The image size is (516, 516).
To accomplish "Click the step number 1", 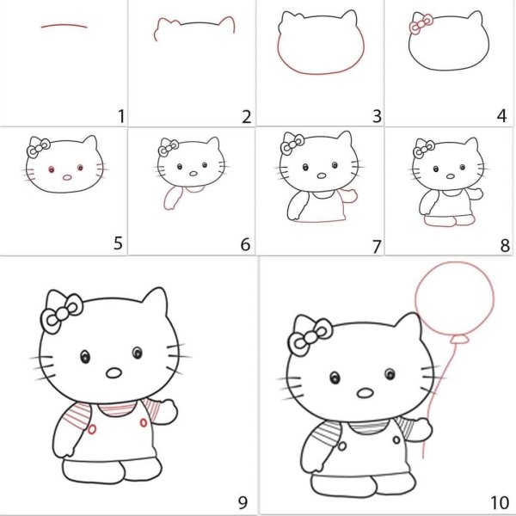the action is click(x=122, y=116).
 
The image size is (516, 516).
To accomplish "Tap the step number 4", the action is click(x=501, y=116).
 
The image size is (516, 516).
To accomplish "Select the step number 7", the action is click(x=377, y=247).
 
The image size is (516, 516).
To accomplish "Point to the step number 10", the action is click(x=500, y=503).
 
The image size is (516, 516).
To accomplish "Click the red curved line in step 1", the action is click(x=64, y=25).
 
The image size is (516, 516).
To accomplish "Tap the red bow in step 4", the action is click(x=421, y=23).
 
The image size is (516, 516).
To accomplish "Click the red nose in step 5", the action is click(x=67, y=178).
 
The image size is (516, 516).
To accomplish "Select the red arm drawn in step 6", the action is click(x=173, y=198).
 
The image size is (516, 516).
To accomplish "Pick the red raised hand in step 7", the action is click(x=349, y=195).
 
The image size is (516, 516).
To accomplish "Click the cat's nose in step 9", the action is click(x=114, y=373).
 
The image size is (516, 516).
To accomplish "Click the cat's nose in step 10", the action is click(x=365, y=393).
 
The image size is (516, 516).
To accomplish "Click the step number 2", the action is click(x=246, y=116).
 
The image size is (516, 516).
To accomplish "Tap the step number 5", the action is click(x=118, y=243).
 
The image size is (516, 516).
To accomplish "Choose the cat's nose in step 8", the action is click(x=450, y=176).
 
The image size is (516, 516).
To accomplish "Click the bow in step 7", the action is click(x=292, y=144).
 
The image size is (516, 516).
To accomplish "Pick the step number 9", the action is click(x=243, y=502).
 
